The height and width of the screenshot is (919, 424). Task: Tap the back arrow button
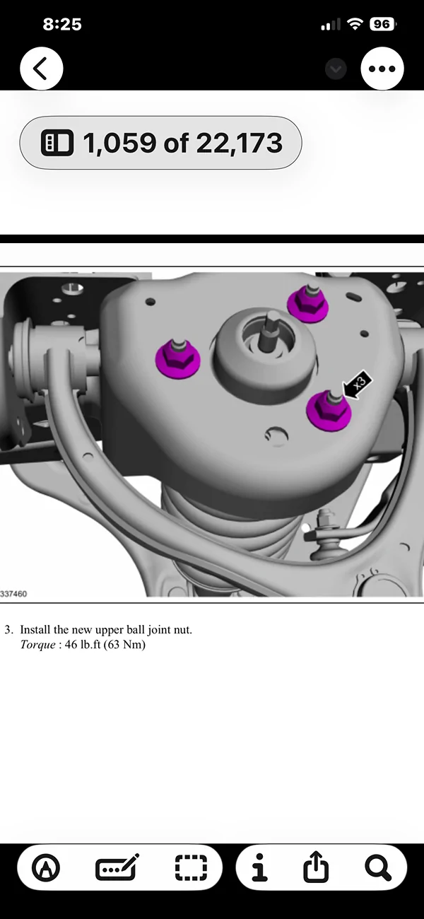click(x=42, y=69)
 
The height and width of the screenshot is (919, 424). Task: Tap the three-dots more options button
click(x=382, y=69)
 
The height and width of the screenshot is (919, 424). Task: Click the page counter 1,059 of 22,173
click(x=160, y=143)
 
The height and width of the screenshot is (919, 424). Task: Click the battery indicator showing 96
click(x=381, y=24)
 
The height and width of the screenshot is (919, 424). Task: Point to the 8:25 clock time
click(x=62, y=24)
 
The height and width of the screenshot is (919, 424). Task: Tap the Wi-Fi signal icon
click(x=353, y=24)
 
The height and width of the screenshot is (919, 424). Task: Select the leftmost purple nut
click(x=177, y=358)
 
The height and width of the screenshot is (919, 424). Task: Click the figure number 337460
click(x=14, y=594)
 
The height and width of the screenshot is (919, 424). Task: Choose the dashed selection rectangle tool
click(x=191, y=867)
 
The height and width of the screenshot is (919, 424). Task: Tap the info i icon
click(x=260, y=867)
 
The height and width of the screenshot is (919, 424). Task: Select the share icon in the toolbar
click(x=316, y=867)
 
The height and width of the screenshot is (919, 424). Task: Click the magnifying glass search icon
click(x=377, y=867)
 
